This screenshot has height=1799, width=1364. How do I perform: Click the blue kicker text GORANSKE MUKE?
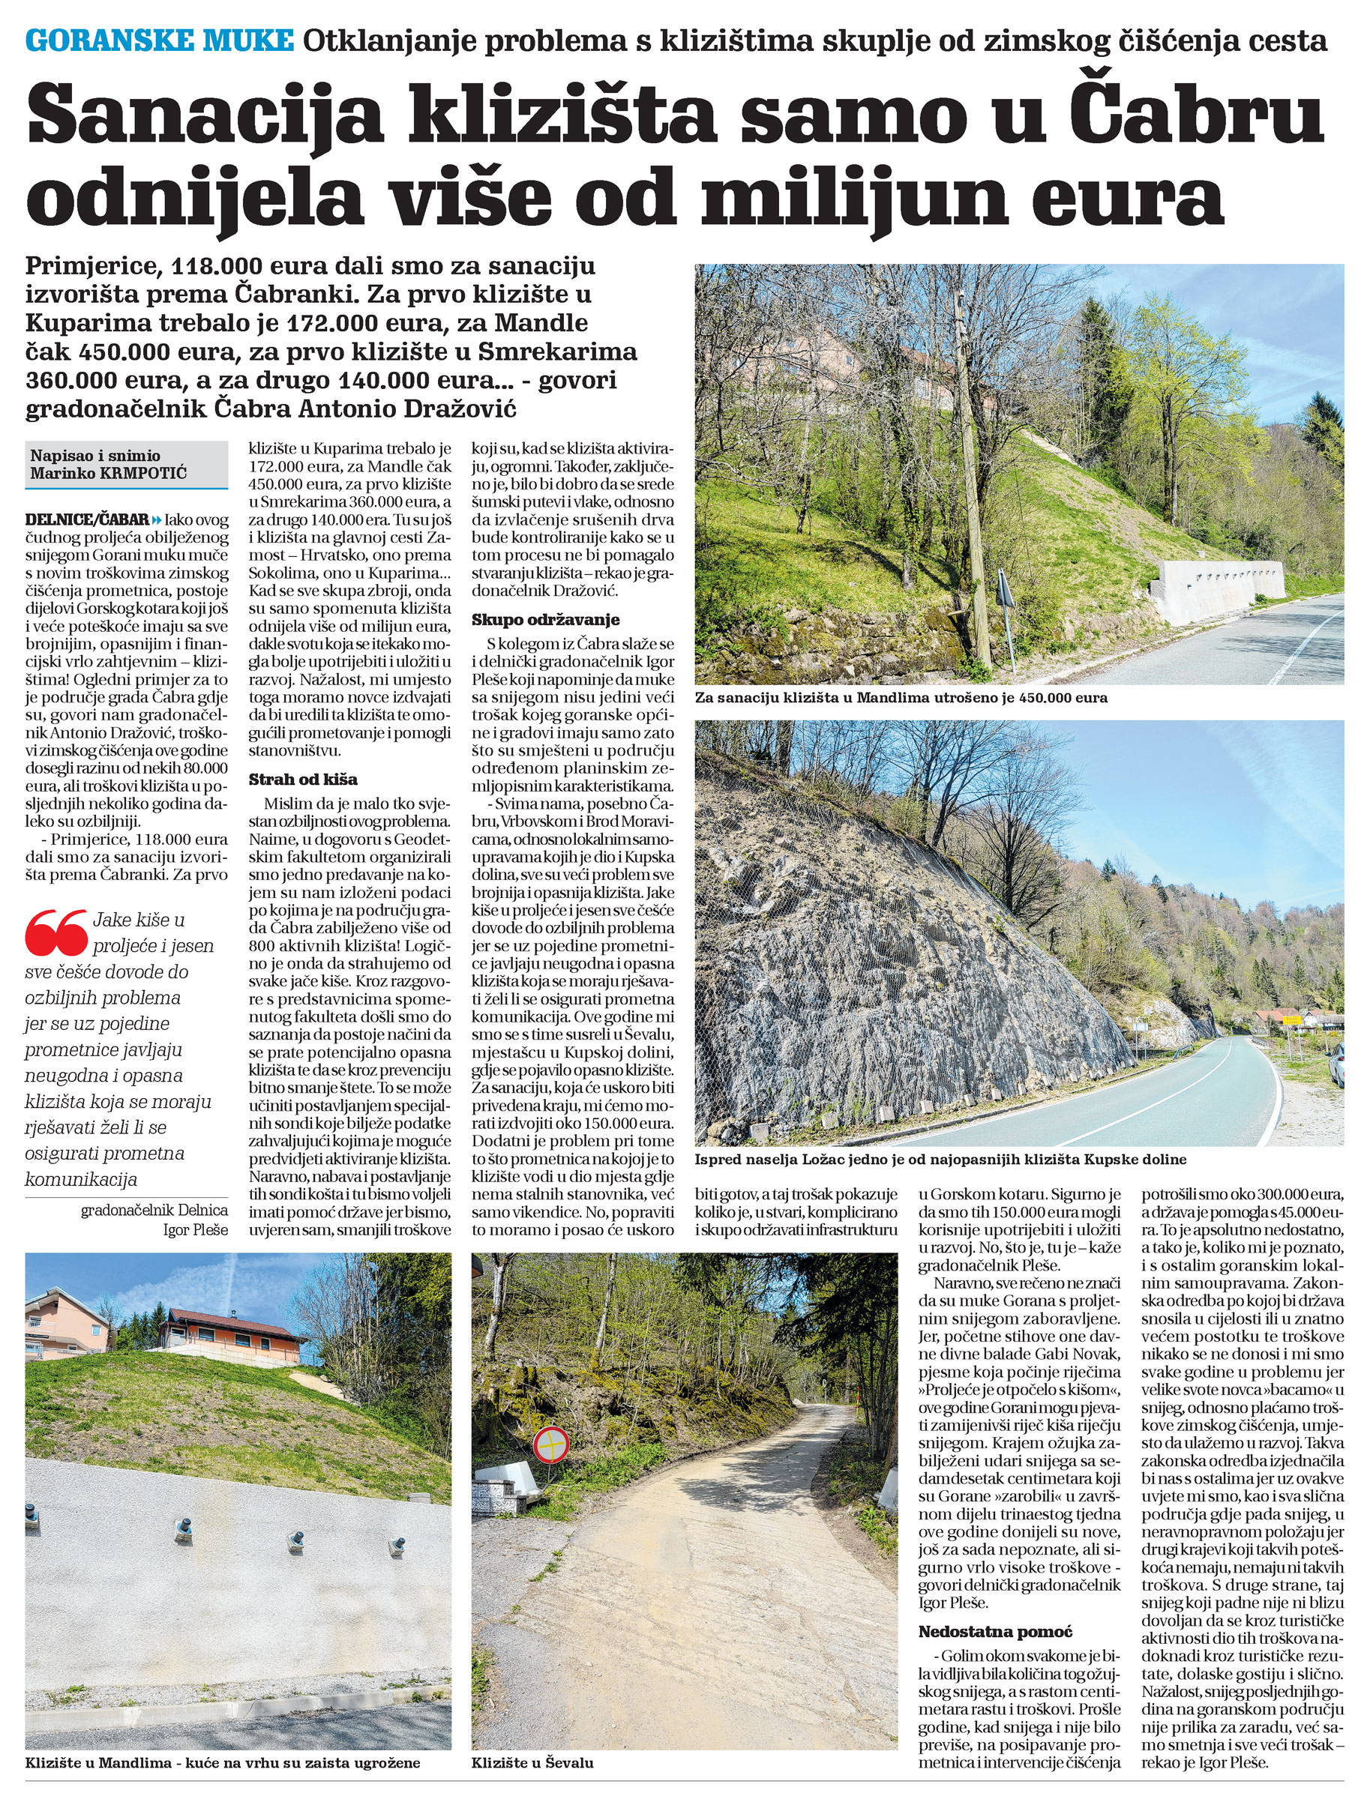coord(160,40)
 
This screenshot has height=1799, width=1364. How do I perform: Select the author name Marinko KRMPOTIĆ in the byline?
coord(108,473)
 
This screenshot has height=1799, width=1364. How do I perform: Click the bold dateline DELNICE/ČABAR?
coord(87,519)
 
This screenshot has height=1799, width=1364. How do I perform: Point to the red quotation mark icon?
coord(55,932)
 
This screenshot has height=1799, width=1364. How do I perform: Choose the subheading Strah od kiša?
coord(302,779)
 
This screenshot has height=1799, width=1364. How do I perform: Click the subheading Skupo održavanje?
coord(545,620)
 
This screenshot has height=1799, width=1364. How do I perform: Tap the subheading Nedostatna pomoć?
coord(995,1563)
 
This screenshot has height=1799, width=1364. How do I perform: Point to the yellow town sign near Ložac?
coord(1290,1017)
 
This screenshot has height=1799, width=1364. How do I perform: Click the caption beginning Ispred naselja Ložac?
coord(940,1159)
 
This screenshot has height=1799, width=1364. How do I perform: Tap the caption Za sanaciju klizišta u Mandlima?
coord(901,697)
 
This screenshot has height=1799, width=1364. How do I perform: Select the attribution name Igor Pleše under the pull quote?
coord(195,1230)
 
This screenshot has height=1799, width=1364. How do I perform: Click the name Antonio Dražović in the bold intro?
coord(406,409)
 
